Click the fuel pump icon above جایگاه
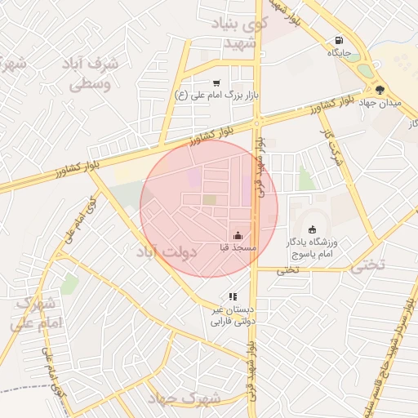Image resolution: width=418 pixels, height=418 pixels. click(x=338, y=40)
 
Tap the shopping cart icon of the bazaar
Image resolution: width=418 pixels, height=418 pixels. click(x=216, y=82)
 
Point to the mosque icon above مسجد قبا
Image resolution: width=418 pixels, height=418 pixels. click(x=238, y=235)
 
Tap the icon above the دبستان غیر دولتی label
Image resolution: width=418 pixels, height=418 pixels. click(x=233, y=297)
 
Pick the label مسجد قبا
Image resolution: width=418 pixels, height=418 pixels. click(x=238, y=247)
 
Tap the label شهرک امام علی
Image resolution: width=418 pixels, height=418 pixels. click(x=37, y=313)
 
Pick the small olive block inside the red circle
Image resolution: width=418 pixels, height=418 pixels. click(x=210, y=199)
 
